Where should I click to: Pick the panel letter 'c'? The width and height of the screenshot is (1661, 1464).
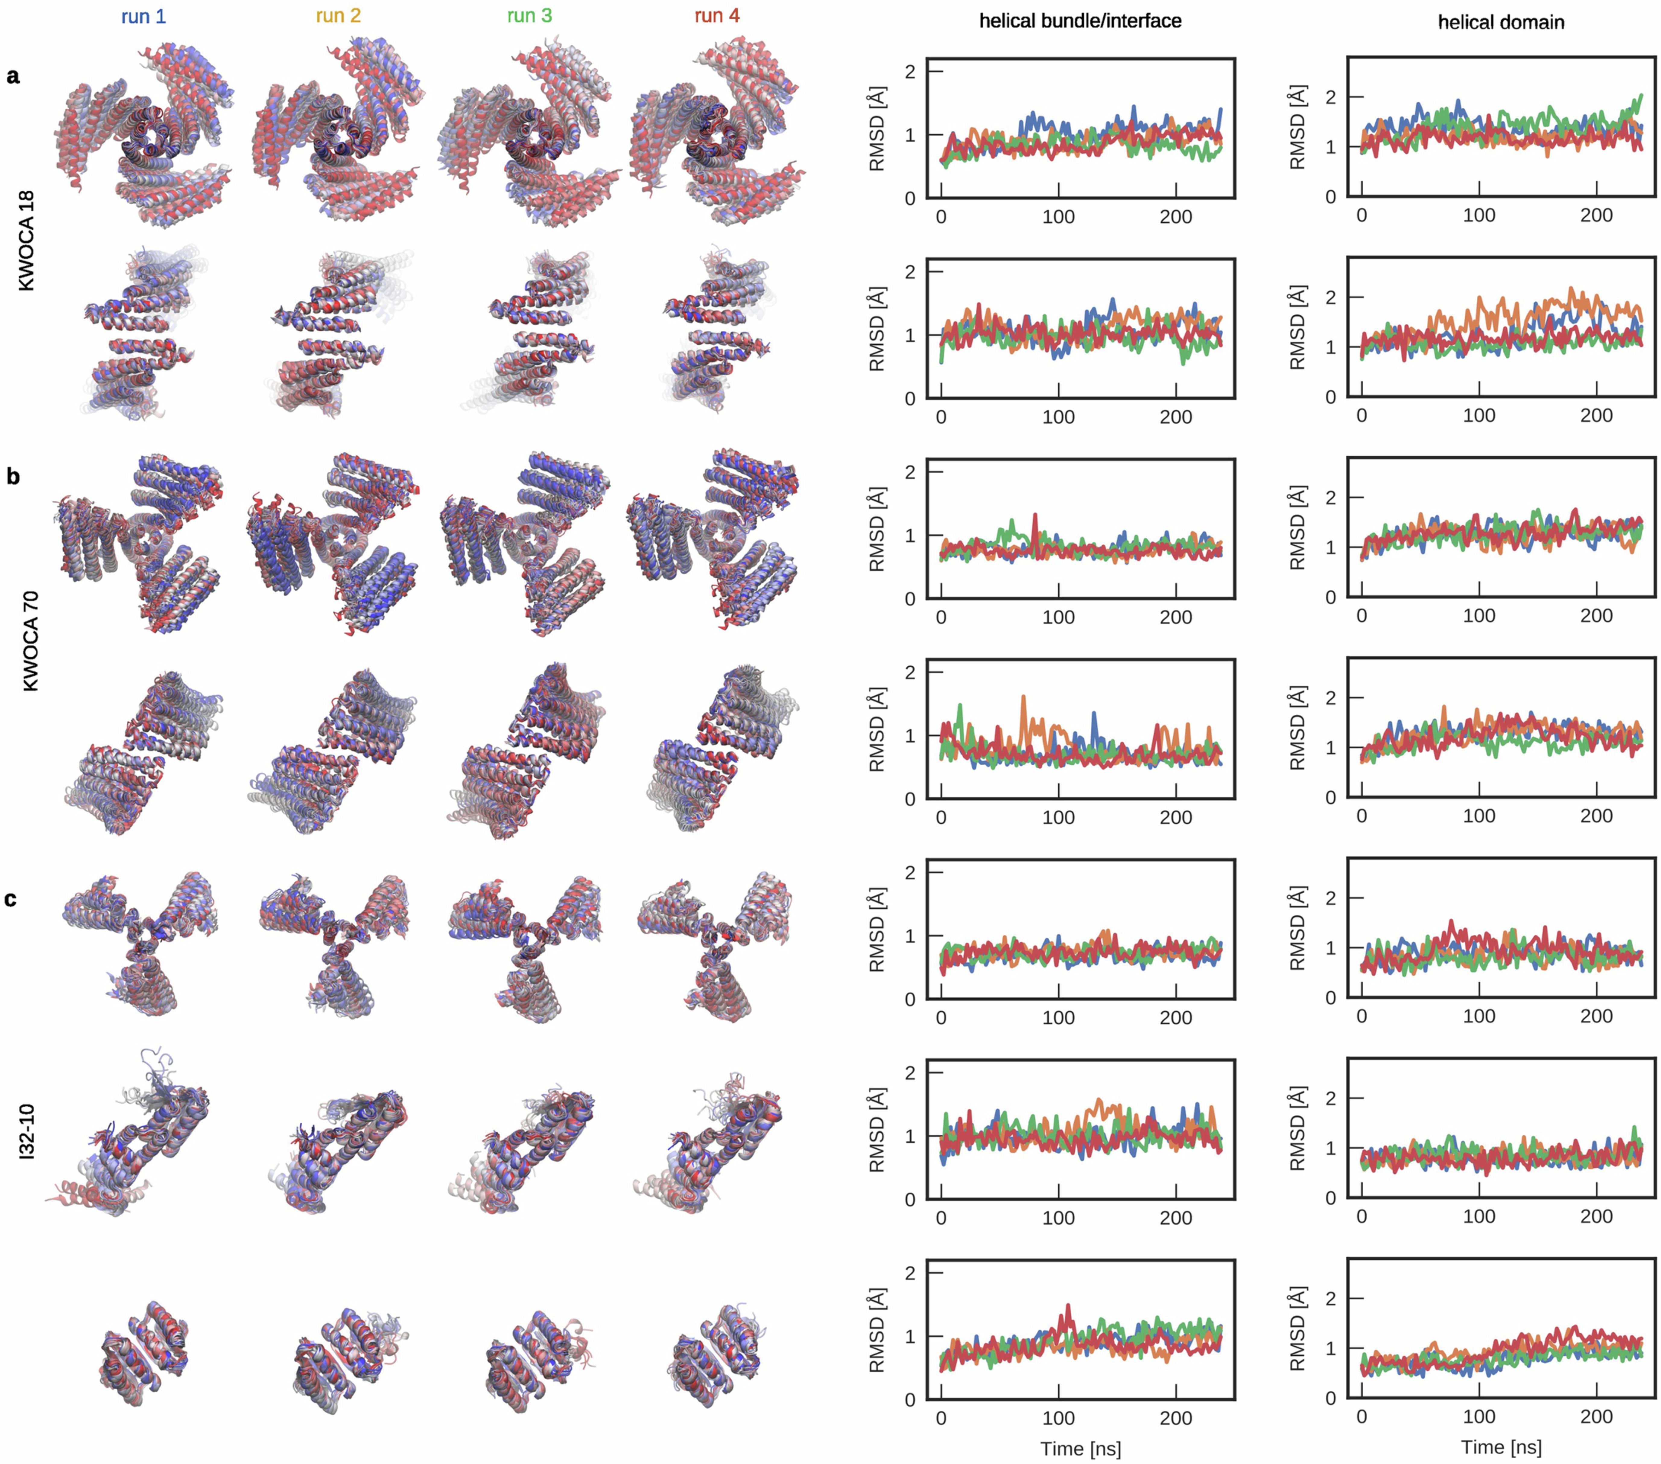[x=11, y=899]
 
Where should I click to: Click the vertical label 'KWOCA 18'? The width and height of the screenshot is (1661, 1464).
[x=27, y=241]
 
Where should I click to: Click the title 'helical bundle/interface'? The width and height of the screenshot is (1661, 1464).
[x=1080, y=21]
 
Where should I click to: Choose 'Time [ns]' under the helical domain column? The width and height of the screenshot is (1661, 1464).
[x=1501, y=1447]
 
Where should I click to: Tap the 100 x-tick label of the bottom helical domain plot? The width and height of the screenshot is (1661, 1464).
[x=1479, y=1416]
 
